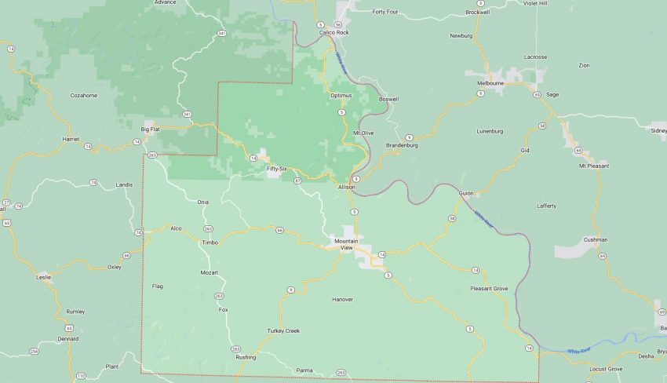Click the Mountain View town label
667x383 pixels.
(x=346, y=244)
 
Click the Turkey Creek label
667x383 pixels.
(x=283, y=330)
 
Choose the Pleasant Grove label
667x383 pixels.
(x=489, y=288)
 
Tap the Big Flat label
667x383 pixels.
(x=150, y=129)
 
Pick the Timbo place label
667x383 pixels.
(x=210, y=243)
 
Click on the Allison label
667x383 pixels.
(x=347, y=188)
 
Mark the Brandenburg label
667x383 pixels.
(x=402, y=146)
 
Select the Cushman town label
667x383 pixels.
(x=596, y=239)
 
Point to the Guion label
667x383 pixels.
(x=467, y=193)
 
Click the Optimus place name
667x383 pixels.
(x=341, y=96)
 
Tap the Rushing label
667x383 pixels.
(x=246, y=357)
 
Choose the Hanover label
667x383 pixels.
(x=342, y=299)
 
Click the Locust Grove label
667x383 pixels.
(x=606, y=369)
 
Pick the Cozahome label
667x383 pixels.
(x=84, y=95)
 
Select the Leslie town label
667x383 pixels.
(x=44, y=277)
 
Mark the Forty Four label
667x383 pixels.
(x=385, y=13)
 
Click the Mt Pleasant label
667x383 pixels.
(x=594, y=166)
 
